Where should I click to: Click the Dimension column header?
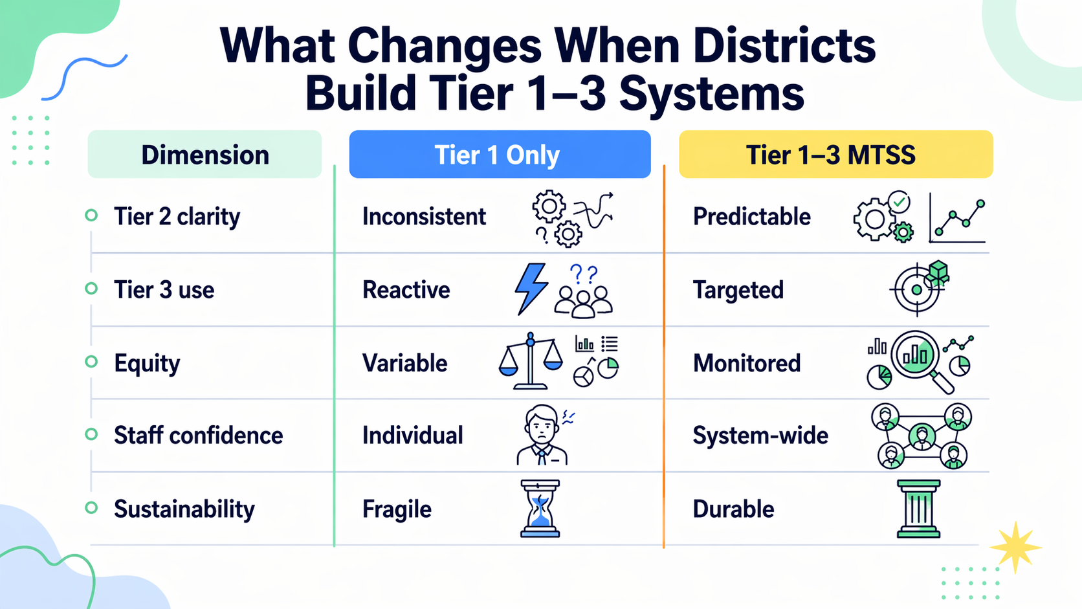204,155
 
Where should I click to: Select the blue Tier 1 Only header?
499,155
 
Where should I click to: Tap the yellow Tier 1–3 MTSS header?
835,155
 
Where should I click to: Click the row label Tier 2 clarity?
177,216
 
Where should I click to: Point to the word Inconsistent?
424,216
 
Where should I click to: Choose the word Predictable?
751,216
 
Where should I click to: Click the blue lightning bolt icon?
531,289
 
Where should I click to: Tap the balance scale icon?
531,362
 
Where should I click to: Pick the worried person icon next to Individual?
542,435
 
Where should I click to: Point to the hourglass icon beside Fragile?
540,509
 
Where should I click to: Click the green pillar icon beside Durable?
918,509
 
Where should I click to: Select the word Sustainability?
184,509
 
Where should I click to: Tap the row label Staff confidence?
198,436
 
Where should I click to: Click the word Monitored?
747,363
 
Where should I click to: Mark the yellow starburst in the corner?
1015,547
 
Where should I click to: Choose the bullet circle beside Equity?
91,362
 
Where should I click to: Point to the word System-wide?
760,436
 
